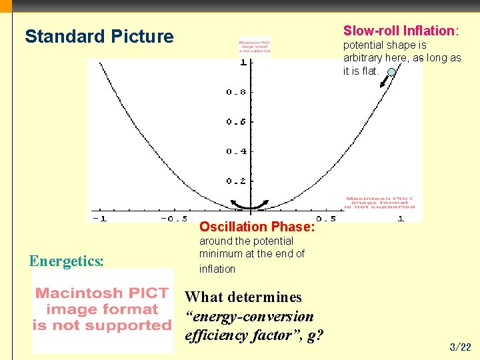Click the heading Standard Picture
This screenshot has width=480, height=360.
[99, 36]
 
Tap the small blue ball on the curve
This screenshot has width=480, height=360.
[391, 72]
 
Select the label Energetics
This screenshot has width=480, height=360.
[67, 261]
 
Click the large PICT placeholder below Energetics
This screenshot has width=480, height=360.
[102, 310]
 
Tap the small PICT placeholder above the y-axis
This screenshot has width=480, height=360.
[255, 46]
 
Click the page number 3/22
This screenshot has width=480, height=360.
[461, 347]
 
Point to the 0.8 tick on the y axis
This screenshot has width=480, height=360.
[236, 92]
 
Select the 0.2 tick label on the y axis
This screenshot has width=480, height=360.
[236, 181]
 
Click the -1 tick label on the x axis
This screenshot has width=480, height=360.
[99, 219]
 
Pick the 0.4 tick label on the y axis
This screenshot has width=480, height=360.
[236, 151]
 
